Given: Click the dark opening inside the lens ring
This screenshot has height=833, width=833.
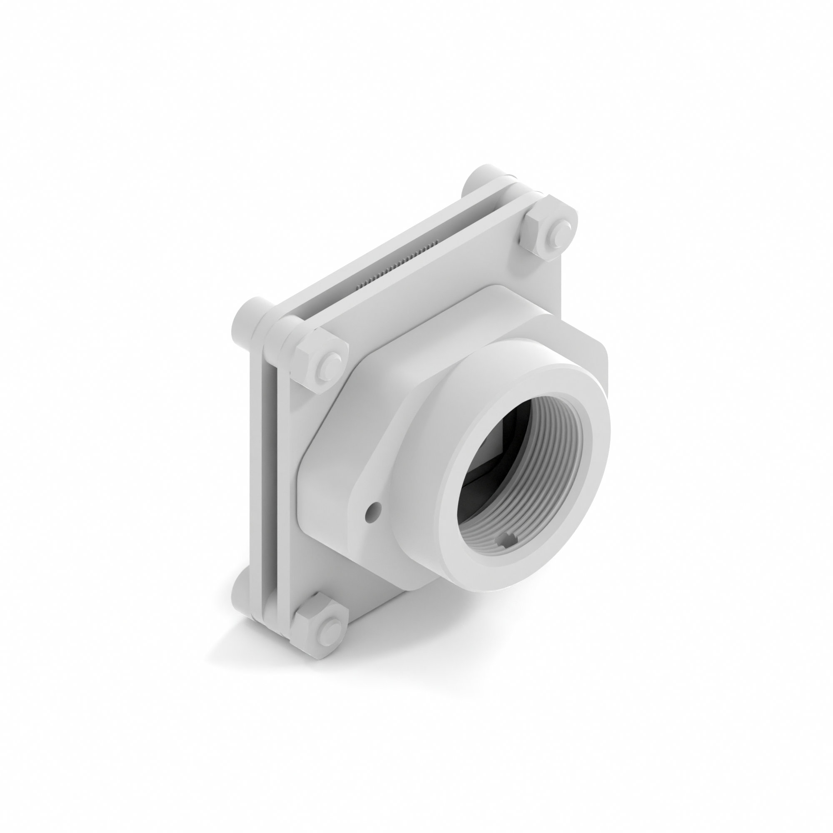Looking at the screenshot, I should (483, 457).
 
